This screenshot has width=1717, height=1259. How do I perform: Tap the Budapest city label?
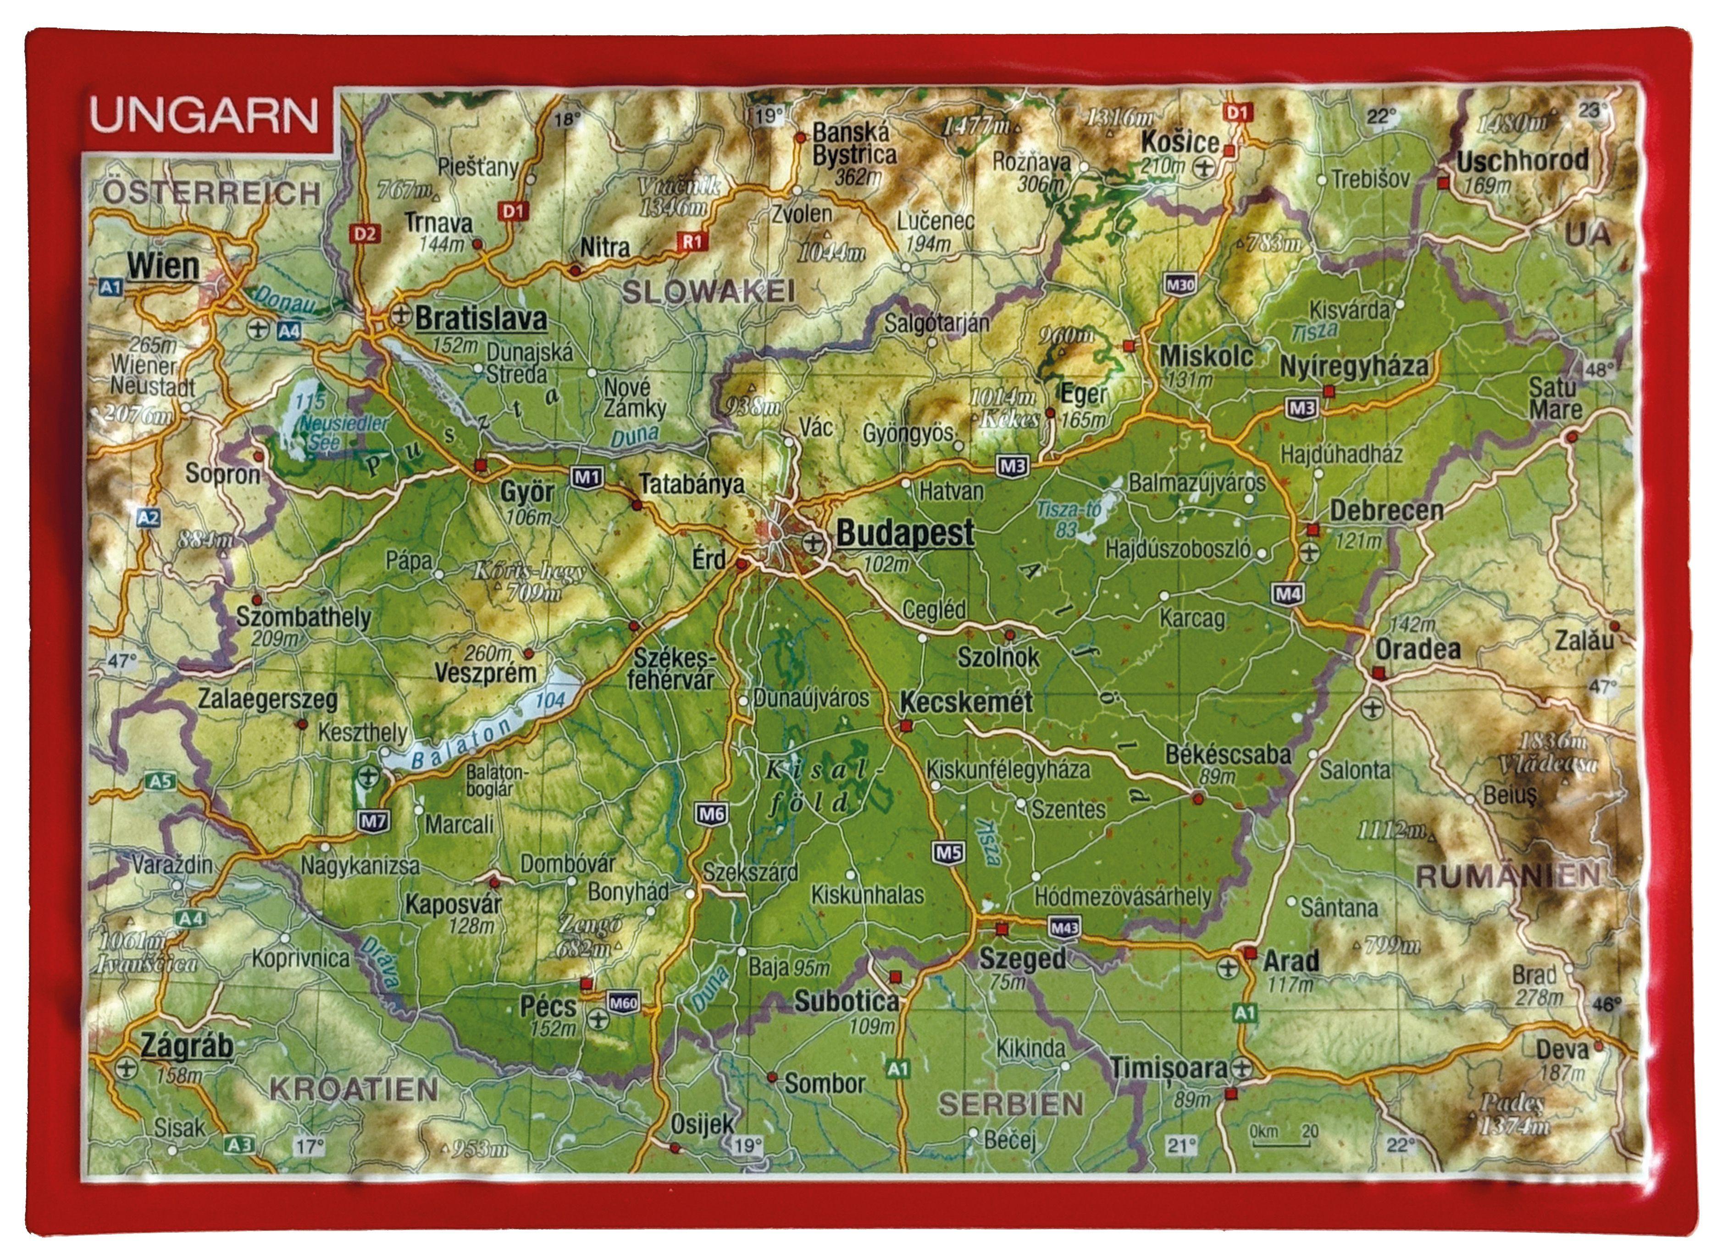click(x=904, y=533)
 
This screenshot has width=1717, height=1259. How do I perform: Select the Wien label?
click(x=163, y=267)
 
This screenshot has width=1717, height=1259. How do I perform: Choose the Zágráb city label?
click(x=187, y=1047)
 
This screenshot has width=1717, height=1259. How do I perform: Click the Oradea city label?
click(x=1417, y=649)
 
